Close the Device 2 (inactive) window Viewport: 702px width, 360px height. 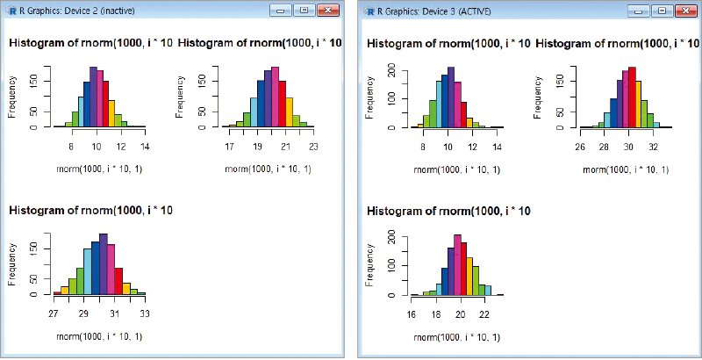(328, 11)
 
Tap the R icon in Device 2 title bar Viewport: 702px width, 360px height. (12, 11)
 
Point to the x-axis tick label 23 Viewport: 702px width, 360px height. (313, 147)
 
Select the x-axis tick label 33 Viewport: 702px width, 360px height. (145, 313)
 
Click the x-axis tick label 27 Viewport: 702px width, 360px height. (54, 313)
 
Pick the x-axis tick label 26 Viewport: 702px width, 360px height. (580, 147)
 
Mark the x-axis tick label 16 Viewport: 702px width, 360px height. (411, 314)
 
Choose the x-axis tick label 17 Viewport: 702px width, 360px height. (229, 147)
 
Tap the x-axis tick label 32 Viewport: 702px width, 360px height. (653, 147)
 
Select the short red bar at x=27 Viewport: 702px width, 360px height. (57, 293)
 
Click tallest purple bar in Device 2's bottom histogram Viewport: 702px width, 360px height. (103, 264)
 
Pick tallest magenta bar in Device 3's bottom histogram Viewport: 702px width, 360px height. (457, 265)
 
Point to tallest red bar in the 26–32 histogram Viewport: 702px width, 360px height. (632, 97)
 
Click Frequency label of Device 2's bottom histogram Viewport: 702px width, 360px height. (12, 264)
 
